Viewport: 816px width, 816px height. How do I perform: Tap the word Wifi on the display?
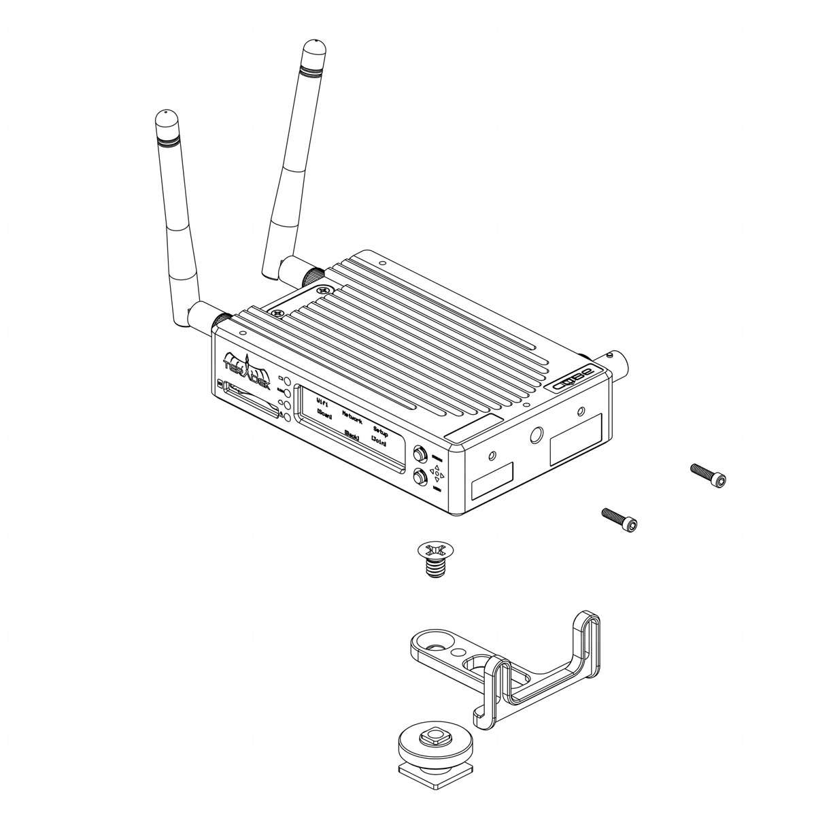pyautogui.click(x=323, y=403)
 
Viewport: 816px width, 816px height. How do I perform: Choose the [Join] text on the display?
pyautogui.click(x=379, y=443)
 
